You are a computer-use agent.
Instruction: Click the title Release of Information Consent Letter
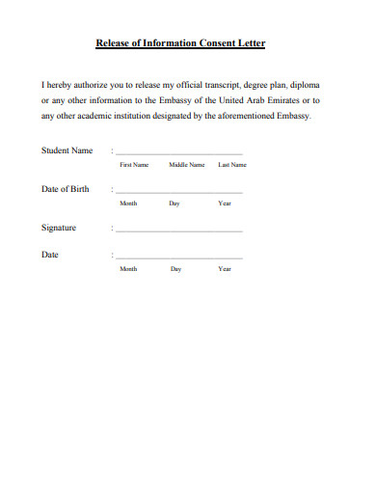tap(181, 43)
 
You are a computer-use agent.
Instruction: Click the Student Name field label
tap(67, 150)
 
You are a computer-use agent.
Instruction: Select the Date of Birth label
tap(65, 189)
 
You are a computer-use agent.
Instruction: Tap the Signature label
tap(59, 229)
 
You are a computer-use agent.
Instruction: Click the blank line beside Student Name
tap(179, 154)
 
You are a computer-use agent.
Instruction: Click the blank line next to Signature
tap(179, 232)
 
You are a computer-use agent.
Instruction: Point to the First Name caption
tap(133, 165)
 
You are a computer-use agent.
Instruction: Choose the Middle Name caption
tap(187, 165)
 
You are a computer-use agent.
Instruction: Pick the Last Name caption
tap(232, 165)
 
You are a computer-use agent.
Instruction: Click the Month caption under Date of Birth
tap(128, 204)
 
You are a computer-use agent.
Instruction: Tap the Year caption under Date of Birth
tap(225, 204)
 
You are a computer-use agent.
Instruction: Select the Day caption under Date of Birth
tap(175, 204)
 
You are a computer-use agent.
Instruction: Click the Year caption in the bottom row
tap(225, 269)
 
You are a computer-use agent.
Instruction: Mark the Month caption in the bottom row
tap(128, 269)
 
